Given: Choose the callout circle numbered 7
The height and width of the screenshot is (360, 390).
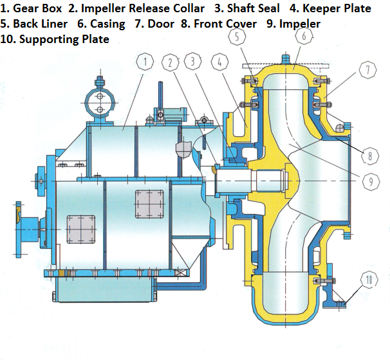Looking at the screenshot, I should [x=366, y=71].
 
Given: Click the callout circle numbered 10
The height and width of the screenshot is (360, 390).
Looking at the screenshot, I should [x=368, y=280].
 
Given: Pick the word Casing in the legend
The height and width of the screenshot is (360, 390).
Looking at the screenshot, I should [x=108, y=24].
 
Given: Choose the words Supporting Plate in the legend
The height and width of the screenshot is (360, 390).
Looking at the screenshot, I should [x=65, y=39].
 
